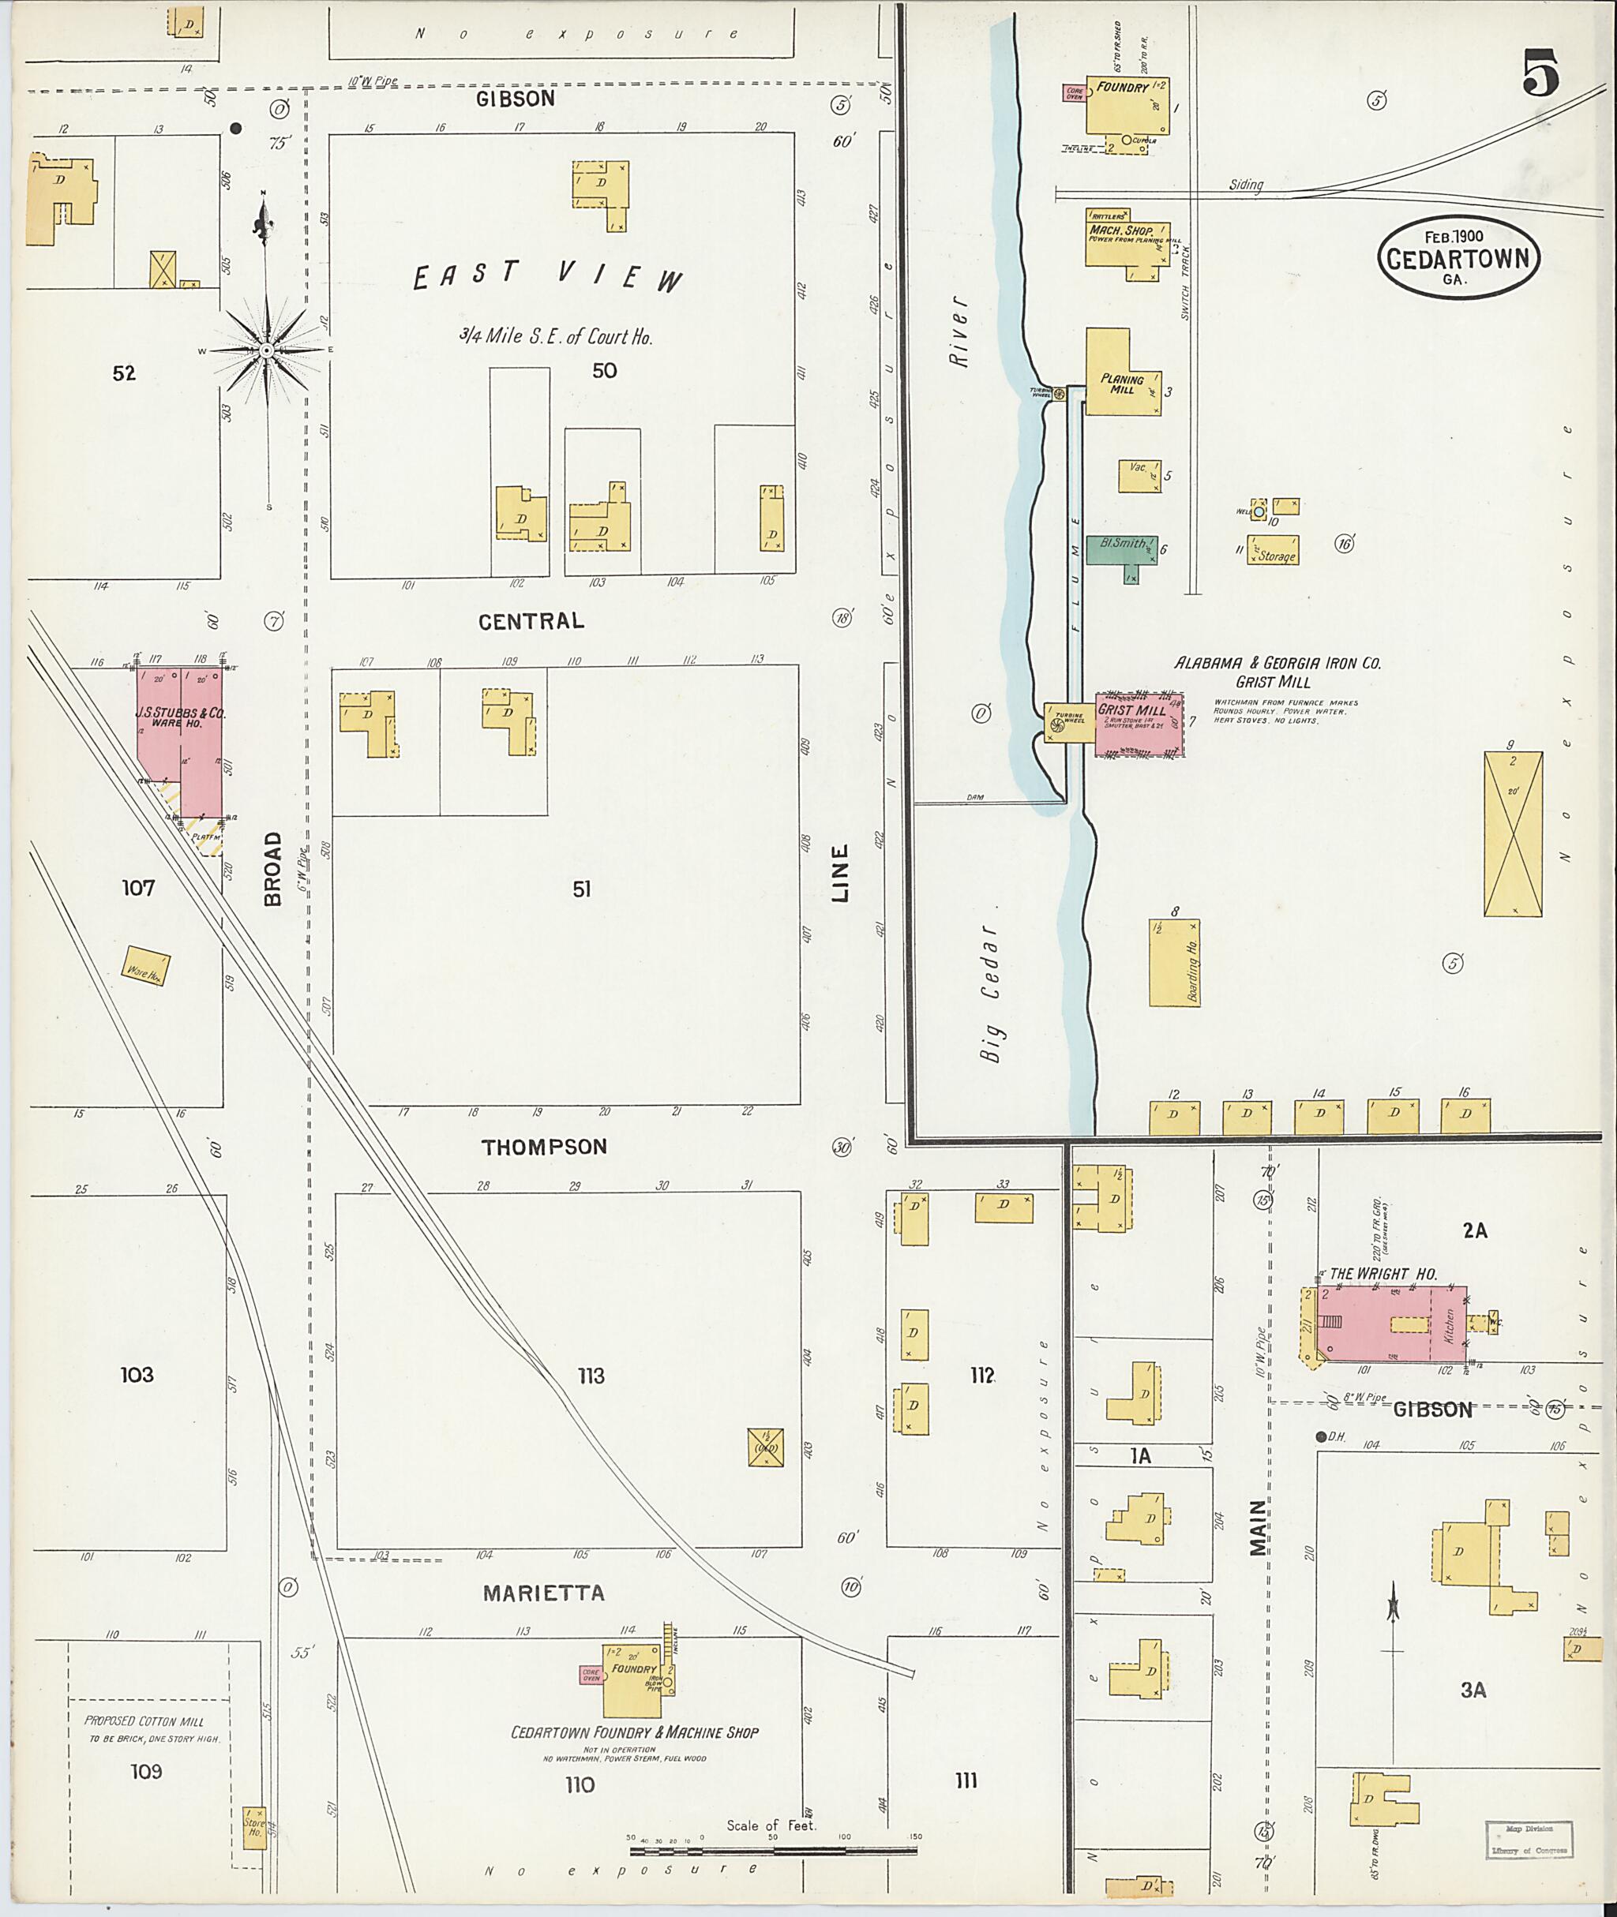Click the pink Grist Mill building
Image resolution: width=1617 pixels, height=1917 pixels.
(1139, 724)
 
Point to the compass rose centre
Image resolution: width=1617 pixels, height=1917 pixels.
(267, 351)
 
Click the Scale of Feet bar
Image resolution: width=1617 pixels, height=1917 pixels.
(773, 1850)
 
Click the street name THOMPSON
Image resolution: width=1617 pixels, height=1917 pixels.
(545, 1147)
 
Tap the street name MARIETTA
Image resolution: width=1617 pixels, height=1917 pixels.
(543, 1593)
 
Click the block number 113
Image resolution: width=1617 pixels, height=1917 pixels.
(591, 1376)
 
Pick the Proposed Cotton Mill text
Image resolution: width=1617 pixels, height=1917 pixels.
(144, 1721)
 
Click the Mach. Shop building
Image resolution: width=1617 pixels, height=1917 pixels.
(1127, 242)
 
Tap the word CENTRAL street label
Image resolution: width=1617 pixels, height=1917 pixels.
(531, 621)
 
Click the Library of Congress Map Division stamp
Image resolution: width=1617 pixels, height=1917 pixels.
(1526, 1839)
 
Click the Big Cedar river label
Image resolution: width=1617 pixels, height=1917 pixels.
(990, 990)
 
